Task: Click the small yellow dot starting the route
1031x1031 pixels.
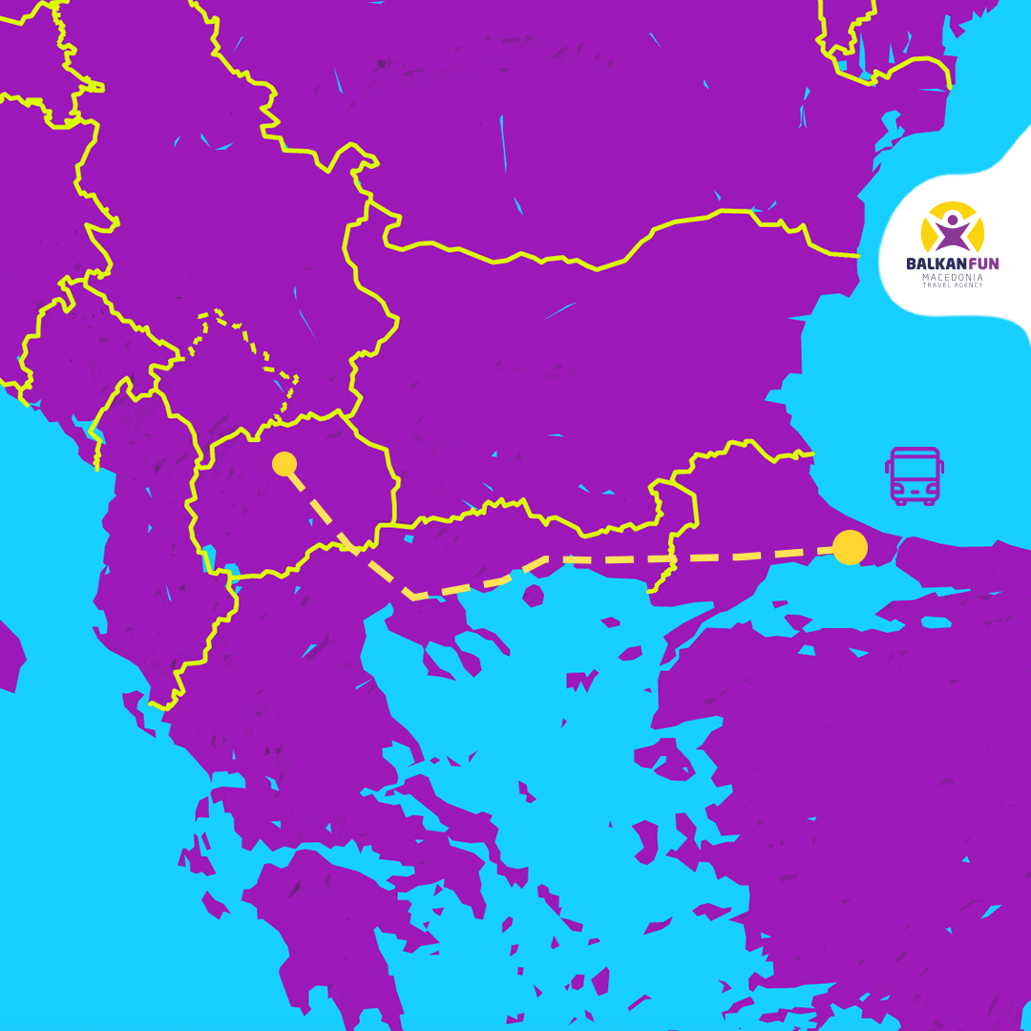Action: [284, 464]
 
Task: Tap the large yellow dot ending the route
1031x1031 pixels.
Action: [850, 547]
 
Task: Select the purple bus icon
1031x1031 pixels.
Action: [914, 475]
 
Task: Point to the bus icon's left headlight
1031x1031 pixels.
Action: [899, 489]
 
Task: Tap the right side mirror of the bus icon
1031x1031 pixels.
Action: [941, 468]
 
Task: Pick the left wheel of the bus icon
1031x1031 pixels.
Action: [899, 500]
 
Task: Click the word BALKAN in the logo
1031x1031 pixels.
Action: [935, 263]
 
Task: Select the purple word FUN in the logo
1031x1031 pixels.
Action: [981, 263]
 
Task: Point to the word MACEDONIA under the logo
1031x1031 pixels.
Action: [953, 277]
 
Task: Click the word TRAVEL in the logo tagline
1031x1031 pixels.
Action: [936, 285]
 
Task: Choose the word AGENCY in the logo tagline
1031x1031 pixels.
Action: [968, 285]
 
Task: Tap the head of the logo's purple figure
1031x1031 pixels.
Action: [952, 220]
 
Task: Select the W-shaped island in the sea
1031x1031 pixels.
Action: [579, 682]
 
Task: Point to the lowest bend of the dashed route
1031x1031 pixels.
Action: [412, 597]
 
